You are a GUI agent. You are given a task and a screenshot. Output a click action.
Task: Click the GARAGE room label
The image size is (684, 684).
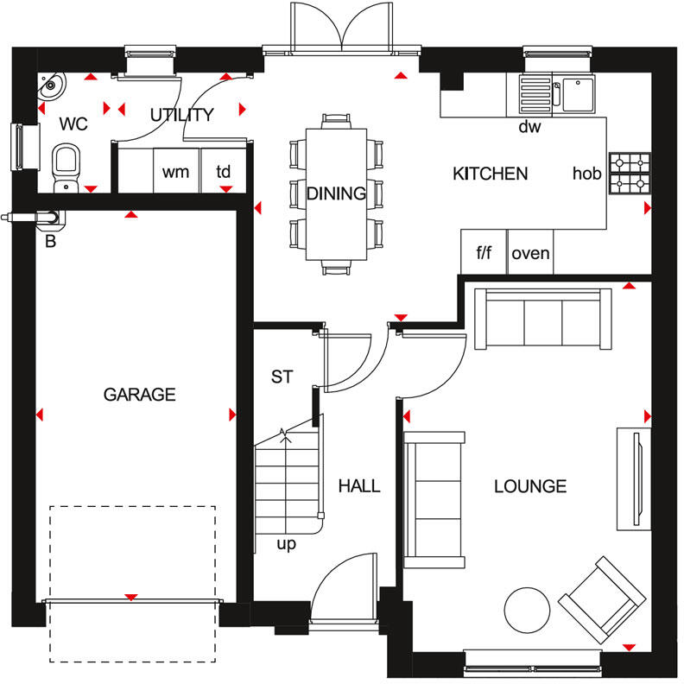coord(139,395)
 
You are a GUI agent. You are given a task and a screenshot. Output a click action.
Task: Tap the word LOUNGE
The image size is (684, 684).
coord(530,486)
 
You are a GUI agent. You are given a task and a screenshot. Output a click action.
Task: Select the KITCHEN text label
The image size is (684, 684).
coord(490,174)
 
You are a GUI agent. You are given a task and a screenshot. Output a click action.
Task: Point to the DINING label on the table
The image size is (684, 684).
coord(336,193)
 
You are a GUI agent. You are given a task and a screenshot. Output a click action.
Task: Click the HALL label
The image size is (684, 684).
coord(358,486)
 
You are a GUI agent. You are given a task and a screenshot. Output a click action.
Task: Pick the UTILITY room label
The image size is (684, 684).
coord(181,115)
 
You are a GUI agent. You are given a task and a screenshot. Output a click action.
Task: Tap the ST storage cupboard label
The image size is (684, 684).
coord(282,377)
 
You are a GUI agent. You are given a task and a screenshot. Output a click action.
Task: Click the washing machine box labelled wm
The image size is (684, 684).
coord(175,171)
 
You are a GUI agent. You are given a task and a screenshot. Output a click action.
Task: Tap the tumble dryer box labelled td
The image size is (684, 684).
coord(223,171)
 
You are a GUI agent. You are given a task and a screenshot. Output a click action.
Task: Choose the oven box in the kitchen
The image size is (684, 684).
coord(529,253)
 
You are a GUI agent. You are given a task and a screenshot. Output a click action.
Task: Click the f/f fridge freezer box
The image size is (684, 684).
coord(484,253)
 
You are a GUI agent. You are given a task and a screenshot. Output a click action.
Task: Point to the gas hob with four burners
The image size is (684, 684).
coord(630,174)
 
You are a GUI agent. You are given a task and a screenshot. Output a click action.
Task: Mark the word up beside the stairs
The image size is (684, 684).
coord(286,544)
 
